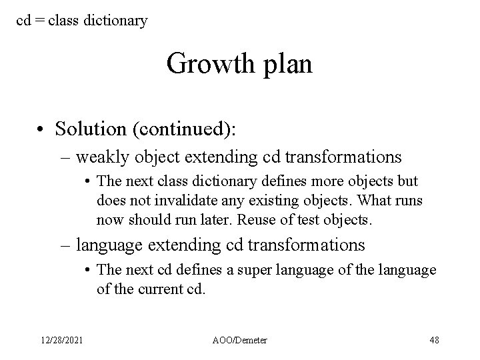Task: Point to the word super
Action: pyautogui.click(x=277, y=269)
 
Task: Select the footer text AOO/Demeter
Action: pyautogui.click(x=240, y=340)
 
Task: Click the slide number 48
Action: pyautogui.click(x=434, y=340)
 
